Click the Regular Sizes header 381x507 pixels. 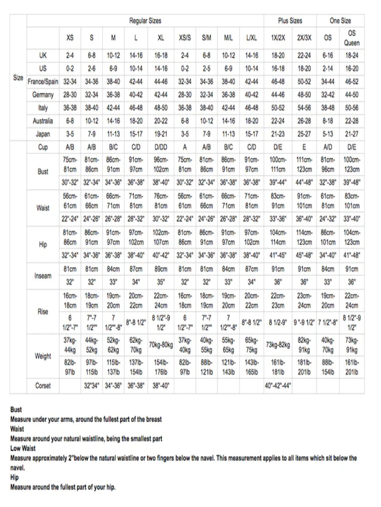145,21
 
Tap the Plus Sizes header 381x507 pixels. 290,21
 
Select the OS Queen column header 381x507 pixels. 351,38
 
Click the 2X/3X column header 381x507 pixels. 304,38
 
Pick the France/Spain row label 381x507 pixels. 43,82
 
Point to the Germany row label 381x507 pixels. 43,95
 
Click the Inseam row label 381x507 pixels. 43,276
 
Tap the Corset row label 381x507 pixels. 43,386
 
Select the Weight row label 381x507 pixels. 43,356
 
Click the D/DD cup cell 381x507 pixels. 161,147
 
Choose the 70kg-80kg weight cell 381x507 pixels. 161,345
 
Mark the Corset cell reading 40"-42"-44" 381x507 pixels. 278,386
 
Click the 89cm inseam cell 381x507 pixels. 161,269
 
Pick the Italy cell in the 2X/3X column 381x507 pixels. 304,108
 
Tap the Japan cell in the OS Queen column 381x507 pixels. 351,134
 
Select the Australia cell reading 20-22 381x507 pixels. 161,121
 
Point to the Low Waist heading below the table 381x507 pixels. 23,448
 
